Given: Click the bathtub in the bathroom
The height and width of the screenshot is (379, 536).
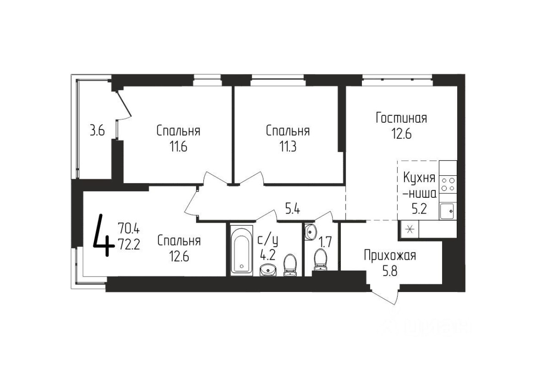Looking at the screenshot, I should click(242, 249).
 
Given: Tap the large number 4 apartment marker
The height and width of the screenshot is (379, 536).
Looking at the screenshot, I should click(104, 236).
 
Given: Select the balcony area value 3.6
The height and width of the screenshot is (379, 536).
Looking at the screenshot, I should click(97, 131).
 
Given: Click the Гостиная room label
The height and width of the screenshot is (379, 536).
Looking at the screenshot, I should click(401, 118).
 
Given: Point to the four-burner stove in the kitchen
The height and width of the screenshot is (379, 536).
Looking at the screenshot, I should click(448, 184).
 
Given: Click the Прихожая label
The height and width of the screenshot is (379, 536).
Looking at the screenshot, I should click(390, 256).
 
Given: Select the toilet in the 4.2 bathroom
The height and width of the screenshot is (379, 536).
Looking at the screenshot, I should click(290, 264).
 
